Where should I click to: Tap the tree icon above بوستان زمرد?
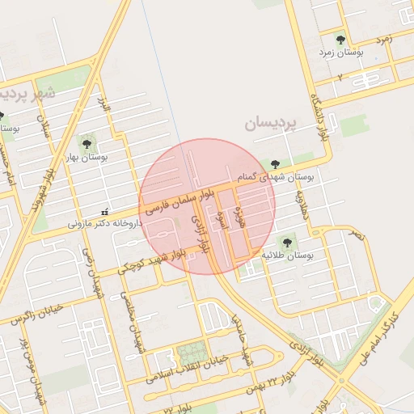click(340, 39)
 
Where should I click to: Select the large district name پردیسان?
click(271, 124)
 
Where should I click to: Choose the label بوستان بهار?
click(87, 158)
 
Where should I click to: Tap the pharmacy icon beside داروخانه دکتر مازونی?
click(103, 211)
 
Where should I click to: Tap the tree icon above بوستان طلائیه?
click(285, 241)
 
